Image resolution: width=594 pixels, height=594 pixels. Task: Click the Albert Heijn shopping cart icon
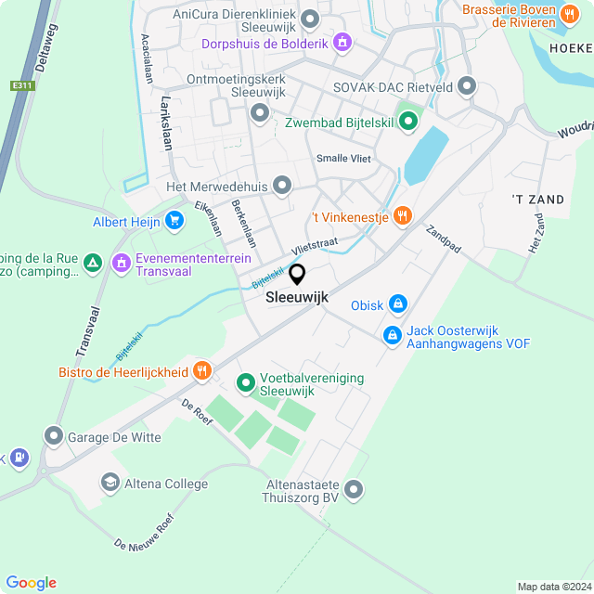click(174, 221)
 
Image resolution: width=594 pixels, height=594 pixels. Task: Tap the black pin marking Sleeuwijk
click(297, 275)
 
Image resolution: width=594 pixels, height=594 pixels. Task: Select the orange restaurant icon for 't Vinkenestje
click(402, 215)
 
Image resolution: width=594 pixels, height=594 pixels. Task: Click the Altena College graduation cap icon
click(110, 484)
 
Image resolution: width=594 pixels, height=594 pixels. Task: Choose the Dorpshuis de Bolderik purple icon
click(342, 42)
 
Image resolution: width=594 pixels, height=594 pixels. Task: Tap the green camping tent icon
click(92, 264)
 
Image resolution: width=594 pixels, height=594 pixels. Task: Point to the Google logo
click(31, 582)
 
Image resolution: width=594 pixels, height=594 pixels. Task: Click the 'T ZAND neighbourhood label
click(537, 199)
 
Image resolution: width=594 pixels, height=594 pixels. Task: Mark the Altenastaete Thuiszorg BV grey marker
click(354, 489)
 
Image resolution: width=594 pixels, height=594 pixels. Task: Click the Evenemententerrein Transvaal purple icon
click(121, 264)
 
